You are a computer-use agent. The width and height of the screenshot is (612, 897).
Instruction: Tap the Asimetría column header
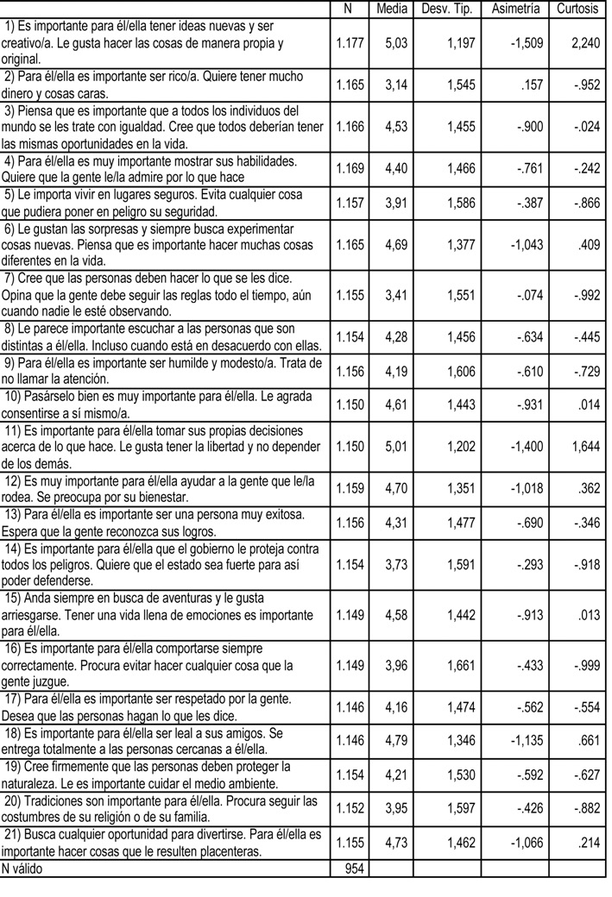[x=515, y=9]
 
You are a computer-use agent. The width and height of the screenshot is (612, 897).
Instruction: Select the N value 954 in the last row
[x=353, y=869]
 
